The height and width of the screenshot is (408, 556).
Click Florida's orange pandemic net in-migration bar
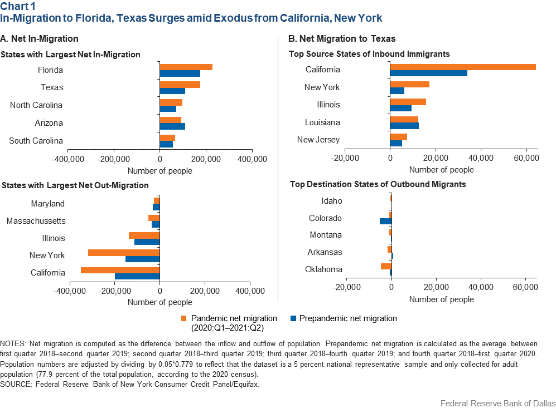coord(186,67)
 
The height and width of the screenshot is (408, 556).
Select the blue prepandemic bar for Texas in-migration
coord(172,91)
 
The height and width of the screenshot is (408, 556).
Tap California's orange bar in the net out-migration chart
coord(120,270)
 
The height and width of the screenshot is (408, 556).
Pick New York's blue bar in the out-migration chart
coord(142,259)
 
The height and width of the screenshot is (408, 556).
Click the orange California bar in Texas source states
coord(463,67)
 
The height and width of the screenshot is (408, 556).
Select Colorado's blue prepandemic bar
coord(385,221)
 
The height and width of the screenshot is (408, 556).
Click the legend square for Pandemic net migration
coord(183,319)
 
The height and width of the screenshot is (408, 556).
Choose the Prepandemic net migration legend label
coord(348,318)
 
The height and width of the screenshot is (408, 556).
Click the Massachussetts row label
coord(36,221)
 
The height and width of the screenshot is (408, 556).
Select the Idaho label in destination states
coord(332,201)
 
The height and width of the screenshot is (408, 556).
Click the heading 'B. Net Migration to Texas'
coord(342,38)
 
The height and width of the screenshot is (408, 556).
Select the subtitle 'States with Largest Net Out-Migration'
coord(75,185)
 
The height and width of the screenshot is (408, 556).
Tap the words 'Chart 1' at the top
coord(17,7)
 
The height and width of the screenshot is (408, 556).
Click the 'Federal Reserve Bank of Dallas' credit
coord(497,403)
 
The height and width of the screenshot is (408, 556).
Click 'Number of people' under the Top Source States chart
coord(441,170)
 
